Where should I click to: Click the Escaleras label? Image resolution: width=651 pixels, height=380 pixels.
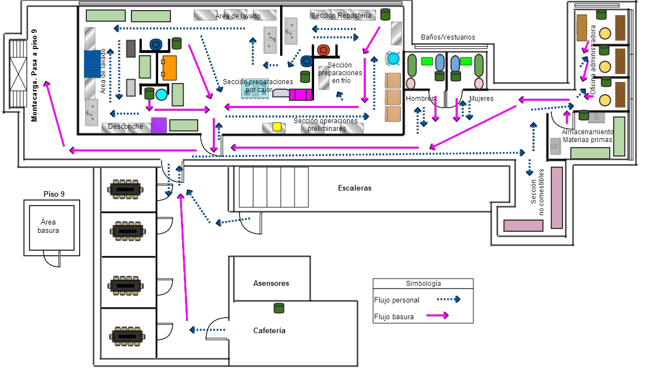click(x=354, y=188)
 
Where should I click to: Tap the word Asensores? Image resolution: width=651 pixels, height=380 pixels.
click(x=271, y=283)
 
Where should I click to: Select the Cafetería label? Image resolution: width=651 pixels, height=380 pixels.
click(x=269, y=330)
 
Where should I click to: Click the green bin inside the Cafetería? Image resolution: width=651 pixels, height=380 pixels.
click(x=279, y=308)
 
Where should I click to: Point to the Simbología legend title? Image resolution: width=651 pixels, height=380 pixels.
click(x=423, y=284)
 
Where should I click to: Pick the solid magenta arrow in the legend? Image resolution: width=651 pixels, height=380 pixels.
click(x=437, y=316)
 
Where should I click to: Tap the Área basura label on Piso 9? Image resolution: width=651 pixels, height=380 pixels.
click(x=48, y=226)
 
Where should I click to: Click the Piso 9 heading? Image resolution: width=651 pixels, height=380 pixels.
click(x=54, y=194)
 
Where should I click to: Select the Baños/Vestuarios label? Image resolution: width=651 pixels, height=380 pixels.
click(x=448, y=37)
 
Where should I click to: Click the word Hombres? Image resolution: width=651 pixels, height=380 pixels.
click(x=420, y=99)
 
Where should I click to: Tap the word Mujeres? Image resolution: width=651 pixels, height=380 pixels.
click(x=481, y=99)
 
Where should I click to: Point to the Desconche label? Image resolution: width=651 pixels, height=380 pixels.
click(x=125, y=126)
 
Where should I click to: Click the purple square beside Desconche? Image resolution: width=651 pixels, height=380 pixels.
click(x=159, y=125)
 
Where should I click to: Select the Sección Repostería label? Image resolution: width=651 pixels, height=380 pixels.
click(x=341, y=16)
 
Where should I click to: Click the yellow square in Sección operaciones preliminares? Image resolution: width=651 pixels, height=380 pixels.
click(x=277, y=127)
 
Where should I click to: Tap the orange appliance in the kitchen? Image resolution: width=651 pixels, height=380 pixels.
click(x=169, y=68)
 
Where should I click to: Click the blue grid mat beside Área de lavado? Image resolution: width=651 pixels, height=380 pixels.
click(x=95, y=64)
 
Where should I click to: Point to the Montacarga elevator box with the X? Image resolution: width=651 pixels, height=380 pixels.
click(x=18, y=75)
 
